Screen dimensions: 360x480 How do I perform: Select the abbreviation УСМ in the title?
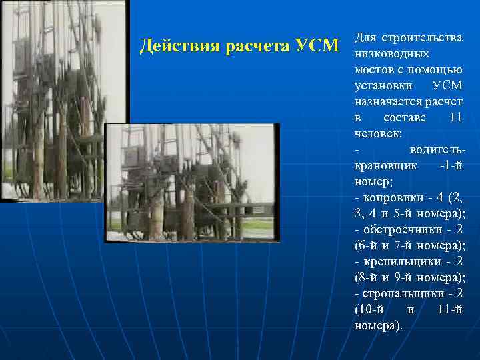pyautogui.click(x=320, y=47)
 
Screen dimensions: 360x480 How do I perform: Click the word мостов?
pyautogui.click(x=375, y=69)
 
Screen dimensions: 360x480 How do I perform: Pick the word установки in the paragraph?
pyautogui.click(x=383, y=85)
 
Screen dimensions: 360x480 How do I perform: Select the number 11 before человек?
pyautogui.click(x=455, y=117)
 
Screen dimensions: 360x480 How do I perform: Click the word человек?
pyautogui.click(x=378, y=133)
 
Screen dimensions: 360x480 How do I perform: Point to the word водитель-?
pyautogui.click(x=437, y=149)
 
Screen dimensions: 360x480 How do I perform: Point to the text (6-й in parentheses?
pyautogui.click(x=367, y=245)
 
